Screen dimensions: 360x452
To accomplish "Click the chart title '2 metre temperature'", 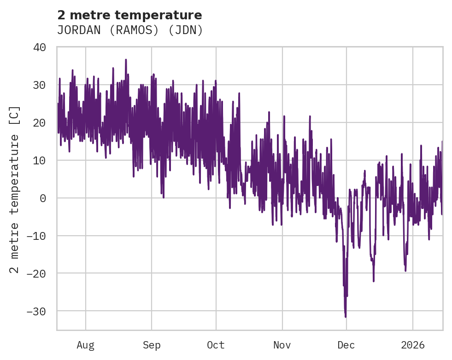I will click(x=129, y=15).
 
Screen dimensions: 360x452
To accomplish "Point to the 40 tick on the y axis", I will click(x=40, y=47).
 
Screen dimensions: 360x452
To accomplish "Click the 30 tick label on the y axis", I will click(x=40, y=85).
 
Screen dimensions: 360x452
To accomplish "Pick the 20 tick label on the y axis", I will click(x=40, y=123).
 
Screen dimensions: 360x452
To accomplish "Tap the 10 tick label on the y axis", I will click(x=40, y=161).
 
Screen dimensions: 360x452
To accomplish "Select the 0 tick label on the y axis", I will click(x=43, y=198).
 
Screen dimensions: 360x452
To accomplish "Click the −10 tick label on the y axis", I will click(x=37, y=236).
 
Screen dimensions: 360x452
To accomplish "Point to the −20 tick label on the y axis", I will click(x=37, y=274).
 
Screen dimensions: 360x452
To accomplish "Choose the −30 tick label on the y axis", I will click(x=37, y=312).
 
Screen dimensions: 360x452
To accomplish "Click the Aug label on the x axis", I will click(x=85, y=345).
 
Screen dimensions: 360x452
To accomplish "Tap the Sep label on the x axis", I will click(x=152, y=345).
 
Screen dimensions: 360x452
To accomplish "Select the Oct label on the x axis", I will click(x=216, y=345).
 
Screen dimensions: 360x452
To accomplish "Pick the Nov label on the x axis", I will click(x=282, y=345).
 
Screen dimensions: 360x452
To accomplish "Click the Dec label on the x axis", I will click(x=346, y=345).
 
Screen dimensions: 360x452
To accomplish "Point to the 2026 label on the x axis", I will click(x=412, y=345).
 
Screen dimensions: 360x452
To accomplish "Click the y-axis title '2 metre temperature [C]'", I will click(x=15, y=189).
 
